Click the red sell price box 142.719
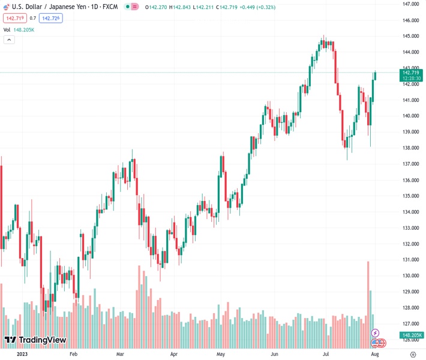(13, 18)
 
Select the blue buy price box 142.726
(50, 18)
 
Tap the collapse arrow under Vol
(9, 40)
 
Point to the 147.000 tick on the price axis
(410, 4)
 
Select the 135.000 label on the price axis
(410, 196)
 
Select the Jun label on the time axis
(274, 355)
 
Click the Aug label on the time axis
(375, 355)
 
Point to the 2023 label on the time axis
(22, 355)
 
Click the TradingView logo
(35, 340)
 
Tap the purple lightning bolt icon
(376, 333)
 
